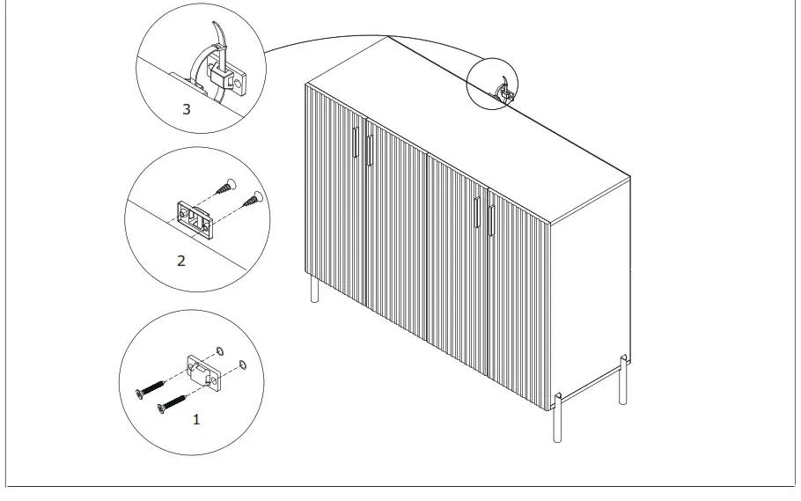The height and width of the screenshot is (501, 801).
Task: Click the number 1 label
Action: pyautogui.click(x=196, y=420)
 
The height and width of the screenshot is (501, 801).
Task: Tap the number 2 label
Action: pyautogui.click(x=181, y=261)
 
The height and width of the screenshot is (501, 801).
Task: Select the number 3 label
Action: pyautogui.click(x=186, y=109)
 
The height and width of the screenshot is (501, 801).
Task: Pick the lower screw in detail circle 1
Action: pyautogui.click(x=173, y=403)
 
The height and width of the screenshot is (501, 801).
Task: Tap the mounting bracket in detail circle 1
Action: pyautogui.click(x=203, y=371)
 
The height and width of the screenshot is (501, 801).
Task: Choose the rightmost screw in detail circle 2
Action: pyautogui.click(x=253, y=199)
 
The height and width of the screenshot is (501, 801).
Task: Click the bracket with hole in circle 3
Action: pyautogui.click(x=237, y=78)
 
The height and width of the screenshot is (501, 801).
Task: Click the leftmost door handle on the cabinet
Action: pyautogui.click(x=356, y=144)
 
